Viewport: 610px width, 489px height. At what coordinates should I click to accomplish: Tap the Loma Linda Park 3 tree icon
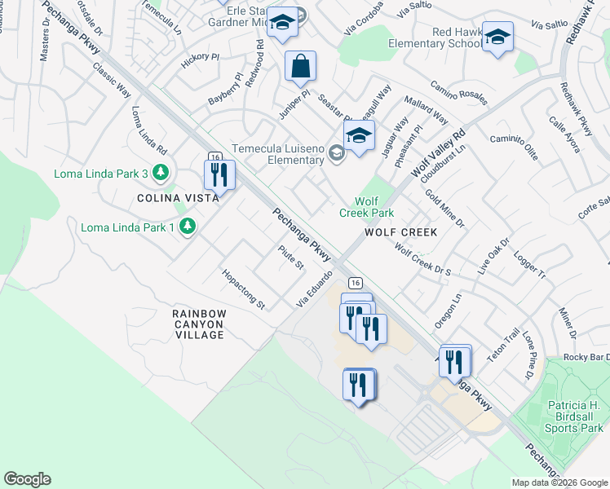(x=161, y=172)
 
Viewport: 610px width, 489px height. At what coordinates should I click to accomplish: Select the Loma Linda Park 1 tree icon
(x=188, y=226)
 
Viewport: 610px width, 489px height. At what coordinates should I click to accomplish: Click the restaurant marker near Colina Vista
(x=219, y=174)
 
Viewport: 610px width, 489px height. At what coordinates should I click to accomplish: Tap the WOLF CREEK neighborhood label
(x=400, y=232)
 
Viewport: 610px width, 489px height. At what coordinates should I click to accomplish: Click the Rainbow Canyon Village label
(x=199, y=324)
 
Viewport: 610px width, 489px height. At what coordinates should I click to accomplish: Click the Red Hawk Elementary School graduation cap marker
(x=497, y=37)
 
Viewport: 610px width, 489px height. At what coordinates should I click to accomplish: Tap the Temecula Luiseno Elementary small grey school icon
(x=335, y=152)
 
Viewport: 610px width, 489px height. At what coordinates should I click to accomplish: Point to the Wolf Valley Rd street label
(x=438, y=152)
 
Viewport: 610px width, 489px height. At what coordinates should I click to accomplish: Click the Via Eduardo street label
(x=315, y=289)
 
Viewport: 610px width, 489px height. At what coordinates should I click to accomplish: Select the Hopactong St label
(x=244, y=289)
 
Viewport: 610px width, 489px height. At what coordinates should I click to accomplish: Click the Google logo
(x=27, y=479)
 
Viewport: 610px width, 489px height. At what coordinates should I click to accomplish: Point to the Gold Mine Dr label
(x=444, y=208)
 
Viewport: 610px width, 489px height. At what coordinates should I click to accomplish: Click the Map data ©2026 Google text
(x=559, y=482)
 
